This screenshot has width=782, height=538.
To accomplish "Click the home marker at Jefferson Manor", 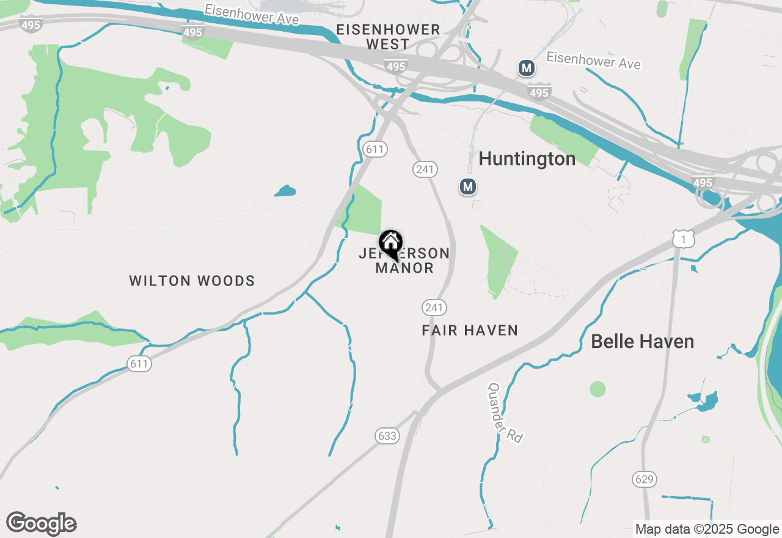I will (390, 244).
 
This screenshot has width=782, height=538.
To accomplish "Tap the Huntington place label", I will (527, 159).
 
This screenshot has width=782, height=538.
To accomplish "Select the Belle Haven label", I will (642, 341).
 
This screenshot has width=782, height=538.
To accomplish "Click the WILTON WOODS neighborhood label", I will (192, 281).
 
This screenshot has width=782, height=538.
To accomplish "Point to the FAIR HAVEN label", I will (470, 330).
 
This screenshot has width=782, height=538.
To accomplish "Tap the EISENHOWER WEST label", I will (388, 37).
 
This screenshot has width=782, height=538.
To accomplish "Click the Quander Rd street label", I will (505, 413).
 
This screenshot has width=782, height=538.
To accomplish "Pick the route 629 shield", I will (645, 479).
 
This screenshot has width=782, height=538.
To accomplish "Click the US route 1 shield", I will (683, 239).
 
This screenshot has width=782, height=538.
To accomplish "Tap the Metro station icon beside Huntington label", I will (468, 186).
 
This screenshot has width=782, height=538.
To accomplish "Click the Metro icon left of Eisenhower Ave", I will (527, 68).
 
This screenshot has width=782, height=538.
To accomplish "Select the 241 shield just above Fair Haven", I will (434, 307).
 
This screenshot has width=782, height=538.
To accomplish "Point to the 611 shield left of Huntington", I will (375, 149).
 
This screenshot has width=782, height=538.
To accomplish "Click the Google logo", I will (42, 524).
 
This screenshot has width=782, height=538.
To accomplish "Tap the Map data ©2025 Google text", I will (707, 529).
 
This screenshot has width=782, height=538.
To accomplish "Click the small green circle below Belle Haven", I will (597, 389).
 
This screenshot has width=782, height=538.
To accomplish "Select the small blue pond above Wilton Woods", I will (285, 191).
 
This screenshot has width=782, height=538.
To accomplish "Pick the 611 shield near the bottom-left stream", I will (139, 364).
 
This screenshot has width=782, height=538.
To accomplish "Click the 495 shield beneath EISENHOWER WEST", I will (396, 66).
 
